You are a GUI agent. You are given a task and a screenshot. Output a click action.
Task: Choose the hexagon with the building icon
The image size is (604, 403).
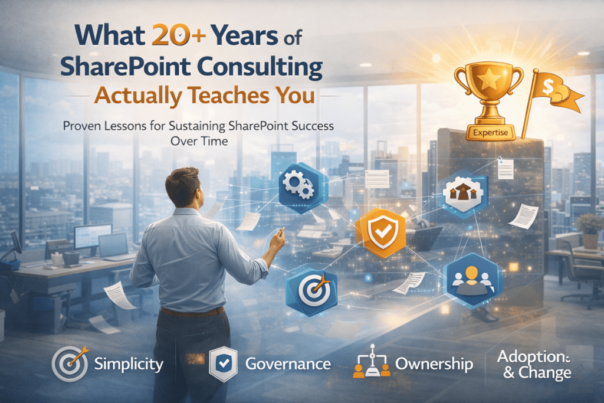pyautogui.click(x=465, y=190)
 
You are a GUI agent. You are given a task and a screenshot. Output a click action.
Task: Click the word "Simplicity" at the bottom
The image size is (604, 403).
pyautogui.click(x=129, y=364)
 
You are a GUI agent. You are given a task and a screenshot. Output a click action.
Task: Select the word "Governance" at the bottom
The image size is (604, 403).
pyautogui.click(x=287, y=364)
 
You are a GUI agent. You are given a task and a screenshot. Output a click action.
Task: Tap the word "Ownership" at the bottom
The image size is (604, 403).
pyautogui.click(x=434, y=364)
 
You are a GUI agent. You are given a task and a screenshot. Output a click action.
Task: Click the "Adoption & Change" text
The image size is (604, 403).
pyautogui.click(x=534, y=365)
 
